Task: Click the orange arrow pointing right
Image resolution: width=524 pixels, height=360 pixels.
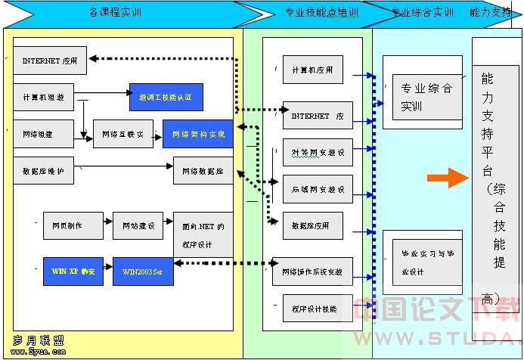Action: click(x=448, y=178)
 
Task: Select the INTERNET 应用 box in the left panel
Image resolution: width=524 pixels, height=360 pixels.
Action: click(x=50, y=60)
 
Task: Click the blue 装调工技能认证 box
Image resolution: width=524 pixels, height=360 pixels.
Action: click(x=166, y=97)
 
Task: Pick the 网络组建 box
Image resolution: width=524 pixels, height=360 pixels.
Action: click(x=43, y=133)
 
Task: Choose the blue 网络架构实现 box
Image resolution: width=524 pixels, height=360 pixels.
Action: click(x=198, y=134)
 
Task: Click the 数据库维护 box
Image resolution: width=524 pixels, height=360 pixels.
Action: click(x=43, y=171)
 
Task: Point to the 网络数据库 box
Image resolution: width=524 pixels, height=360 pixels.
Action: click(x=203, y=171)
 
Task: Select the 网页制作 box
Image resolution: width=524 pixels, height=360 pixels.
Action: click(x=67, y=225)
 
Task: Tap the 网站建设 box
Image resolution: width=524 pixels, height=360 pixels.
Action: click(x=138, y=225)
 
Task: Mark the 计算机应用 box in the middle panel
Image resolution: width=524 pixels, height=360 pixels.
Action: click(x=312, y=70)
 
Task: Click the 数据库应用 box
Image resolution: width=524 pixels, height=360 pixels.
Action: click(x=312, y=225)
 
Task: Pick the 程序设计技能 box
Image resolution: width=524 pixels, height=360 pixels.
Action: click(x=312, y=309)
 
